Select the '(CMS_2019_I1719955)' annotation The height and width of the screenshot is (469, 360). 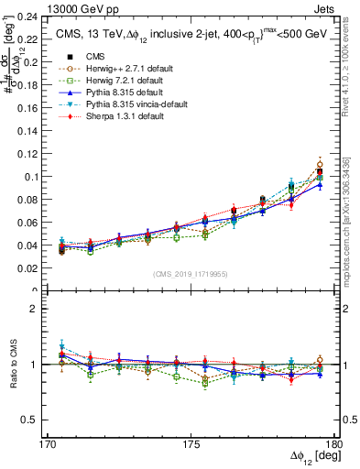coord(190,273)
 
